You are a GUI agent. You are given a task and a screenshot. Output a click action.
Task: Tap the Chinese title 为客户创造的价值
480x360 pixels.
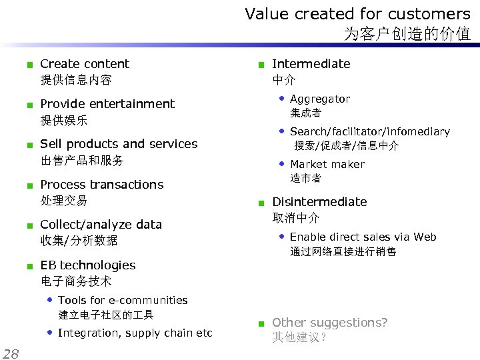coord(407,34)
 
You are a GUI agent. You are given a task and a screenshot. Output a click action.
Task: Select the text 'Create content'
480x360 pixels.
coord(85,64)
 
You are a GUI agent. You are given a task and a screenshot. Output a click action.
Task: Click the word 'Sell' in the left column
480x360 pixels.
coord(51,144)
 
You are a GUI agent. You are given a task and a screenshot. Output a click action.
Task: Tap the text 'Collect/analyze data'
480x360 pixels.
coord(101,225)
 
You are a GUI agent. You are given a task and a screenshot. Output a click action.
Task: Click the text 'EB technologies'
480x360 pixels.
coord(87,265)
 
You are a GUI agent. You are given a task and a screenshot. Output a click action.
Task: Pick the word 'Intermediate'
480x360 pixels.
coord(311,64)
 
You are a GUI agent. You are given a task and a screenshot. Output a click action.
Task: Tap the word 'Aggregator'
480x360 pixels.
coord(319,99)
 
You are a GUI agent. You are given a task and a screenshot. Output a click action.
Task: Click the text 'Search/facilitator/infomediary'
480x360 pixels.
coord(369,132)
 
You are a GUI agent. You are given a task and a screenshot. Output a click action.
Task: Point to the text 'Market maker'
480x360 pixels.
coord(327,165)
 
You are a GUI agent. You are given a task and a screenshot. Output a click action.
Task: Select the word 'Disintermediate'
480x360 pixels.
coord(319,202)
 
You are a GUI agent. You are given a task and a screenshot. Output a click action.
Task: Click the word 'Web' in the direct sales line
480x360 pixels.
coord(425,237)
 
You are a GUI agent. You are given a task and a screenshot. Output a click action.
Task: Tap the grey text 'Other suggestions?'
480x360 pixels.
coord(329,323)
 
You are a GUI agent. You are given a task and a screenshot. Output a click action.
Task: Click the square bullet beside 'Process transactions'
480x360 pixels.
coord(29,185)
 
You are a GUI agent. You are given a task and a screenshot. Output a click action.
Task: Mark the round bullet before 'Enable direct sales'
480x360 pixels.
coord(282,237)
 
